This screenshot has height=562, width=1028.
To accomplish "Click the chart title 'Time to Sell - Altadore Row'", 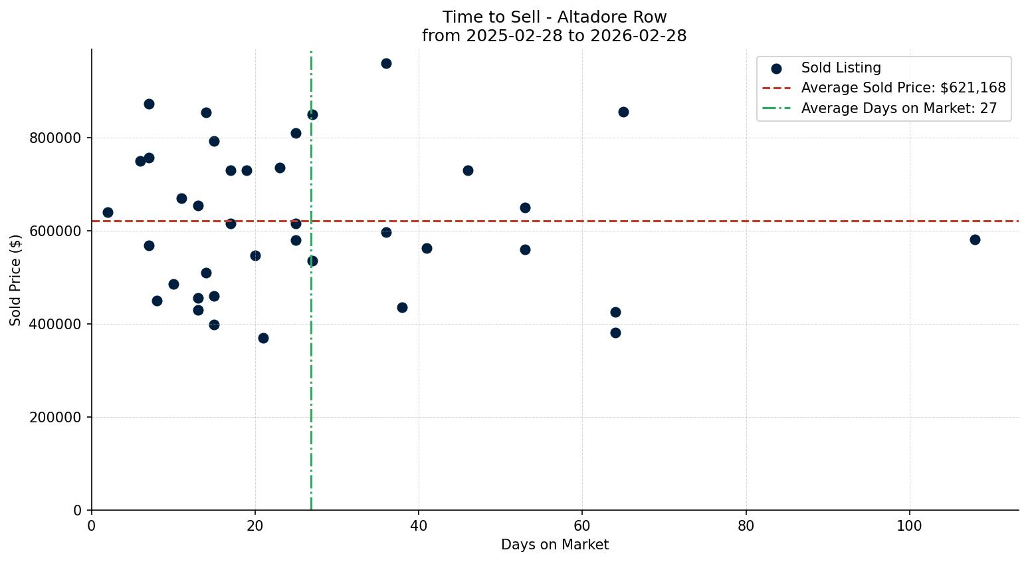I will (x=554, y=17).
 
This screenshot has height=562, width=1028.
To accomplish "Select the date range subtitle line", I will (x=554, y=36).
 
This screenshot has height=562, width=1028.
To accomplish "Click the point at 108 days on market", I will (x=975, y=239).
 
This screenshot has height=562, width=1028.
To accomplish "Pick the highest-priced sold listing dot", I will (x=386, y=63).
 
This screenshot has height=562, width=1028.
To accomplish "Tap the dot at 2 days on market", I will (x=108, y=212).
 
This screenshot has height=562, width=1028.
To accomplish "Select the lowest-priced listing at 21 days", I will (x=263, y=338).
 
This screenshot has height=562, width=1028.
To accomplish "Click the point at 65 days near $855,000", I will (x=623, y=112).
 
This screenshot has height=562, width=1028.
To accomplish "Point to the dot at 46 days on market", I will (x=468, y=170).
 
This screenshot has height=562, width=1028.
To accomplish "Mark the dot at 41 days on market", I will (x=427, y=248).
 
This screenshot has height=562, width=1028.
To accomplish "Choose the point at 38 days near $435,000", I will (x=402, y=307).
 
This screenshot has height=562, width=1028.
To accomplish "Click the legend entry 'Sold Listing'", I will (x=841, y=68).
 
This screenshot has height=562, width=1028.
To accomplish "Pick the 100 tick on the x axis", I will (x=910, y=526).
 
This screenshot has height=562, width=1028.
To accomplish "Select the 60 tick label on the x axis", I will (x=582, y=526).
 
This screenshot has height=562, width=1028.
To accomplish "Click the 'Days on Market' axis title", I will (x=554, y=545).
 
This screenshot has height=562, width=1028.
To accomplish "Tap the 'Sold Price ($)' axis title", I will (x=15, y=280).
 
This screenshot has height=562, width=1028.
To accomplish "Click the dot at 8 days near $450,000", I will (x=157, y=301).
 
